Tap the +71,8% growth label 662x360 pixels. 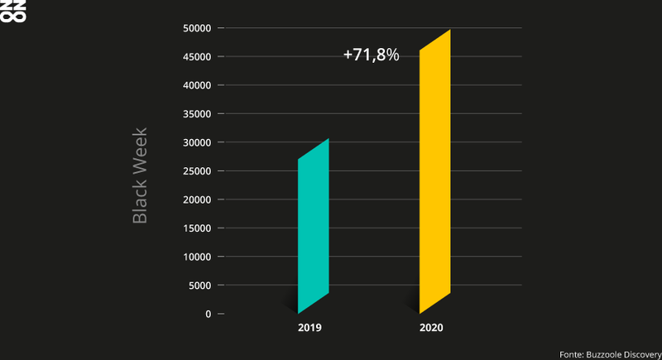[x=372, y=55]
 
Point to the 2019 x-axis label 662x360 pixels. [x=309, y=329]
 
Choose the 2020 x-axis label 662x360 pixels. [x=431, y=329]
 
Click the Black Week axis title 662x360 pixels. [x=140, y=175]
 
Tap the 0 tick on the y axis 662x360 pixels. [x=209, y=314]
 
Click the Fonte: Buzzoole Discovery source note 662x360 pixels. [x=608, y=353]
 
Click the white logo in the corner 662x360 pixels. [x=7, y=11]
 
